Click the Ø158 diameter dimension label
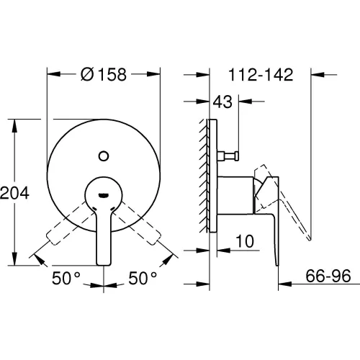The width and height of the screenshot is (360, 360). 104,74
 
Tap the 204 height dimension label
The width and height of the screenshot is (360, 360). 14,193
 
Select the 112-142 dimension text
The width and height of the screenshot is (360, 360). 261,75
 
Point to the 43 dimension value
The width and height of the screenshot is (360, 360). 222,102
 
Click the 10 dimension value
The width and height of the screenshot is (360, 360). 245,241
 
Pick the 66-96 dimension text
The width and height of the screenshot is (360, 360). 328,276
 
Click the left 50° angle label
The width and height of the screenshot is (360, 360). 66,278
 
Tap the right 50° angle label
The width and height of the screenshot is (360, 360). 143,278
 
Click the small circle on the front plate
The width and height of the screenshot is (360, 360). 104,156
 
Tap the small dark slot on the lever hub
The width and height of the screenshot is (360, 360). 104,195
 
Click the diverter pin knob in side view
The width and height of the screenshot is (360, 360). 228,156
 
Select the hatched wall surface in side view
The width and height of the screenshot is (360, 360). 204,176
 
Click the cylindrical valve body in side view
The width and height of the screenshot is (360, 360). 235,195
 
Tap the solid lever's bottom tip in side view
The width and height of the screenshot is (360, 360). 277,265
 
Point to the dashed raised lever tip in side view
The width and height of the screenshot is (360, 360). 310,238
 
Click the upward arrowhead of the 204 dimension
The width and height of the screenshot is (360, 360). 14,125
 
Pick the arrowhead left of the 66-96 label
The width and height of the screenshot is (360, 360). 285,284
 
